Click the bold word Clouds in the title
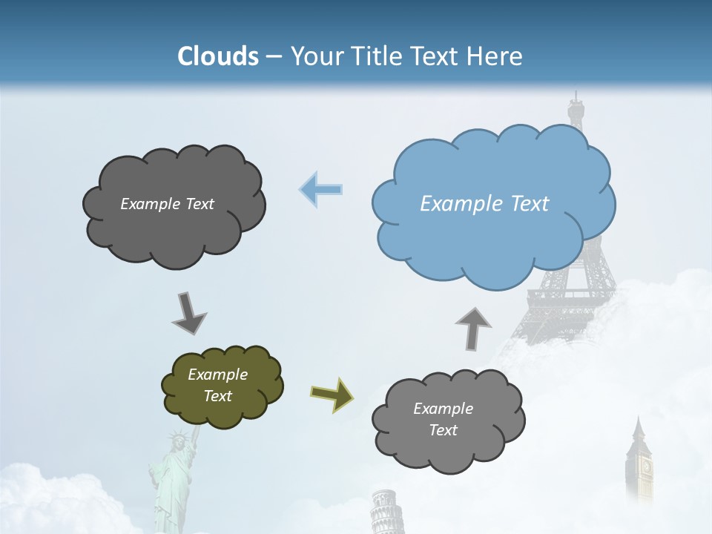click(x=218, y=56)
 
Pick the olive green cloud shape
click(x=222, y=386)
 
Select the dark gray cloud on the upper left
click(x=174, y=205)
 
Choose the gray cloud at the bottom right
click(x=447, y=421)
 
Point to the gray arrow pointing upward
click(x=472, y=327)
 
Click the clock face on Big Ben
click(x=645, y=467)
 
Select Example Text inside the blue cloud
click(x=484, y=204)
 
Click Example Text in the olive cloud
click(x=217, y=385)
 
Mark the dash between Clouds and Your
click(x=274, y=57)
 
